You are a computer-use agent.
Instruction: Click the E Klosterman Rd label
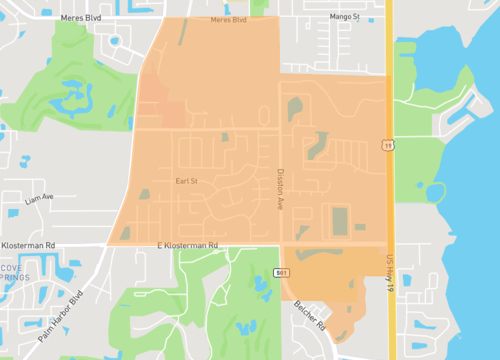(x=188, y=245)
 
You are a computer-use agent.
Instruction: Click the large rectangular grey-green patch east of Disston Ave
(x=340, y=219)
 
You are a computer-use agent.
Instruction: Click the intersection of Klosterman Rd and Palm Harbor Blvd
(x=111, y=246)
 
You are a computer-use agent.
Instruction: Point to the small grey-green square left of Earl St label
(x=145, y=193)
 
